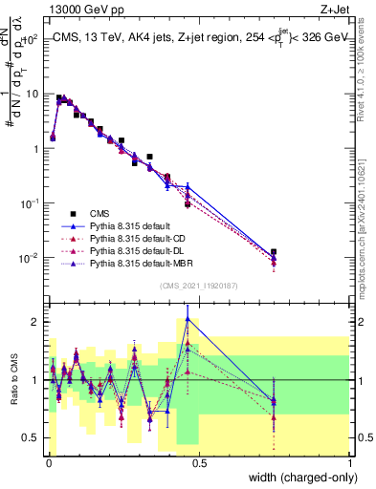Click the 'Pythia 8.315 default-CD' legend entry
coord(135,238)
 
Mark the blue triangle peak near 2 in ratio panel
coord(188,319)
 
